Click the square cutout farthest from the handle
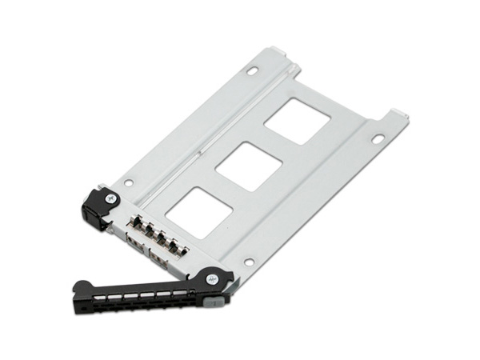297,120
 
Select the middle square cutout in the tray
249,166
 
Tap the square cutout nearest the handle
199,212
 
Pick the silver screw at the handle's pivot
211,278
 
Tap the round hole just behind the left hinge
128,182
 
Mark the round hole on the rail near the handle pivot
249,261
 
